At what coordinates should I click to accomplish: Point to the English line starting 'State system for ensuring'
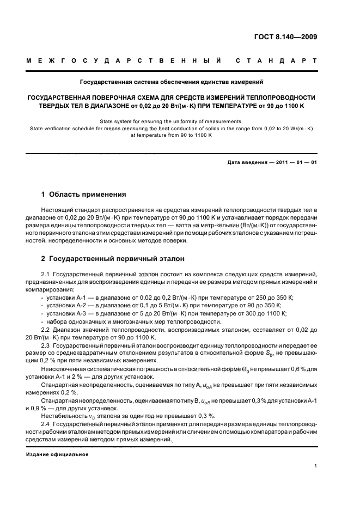[172, 122]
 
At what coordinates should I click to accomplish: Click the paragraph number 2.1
[46, 274]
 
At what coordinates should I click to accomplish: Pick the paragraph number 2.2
[46, 331]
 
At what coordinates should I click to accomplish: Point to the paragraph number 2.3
[46, 346]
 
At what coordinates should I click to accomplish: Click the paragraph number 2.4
[46, 423]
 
